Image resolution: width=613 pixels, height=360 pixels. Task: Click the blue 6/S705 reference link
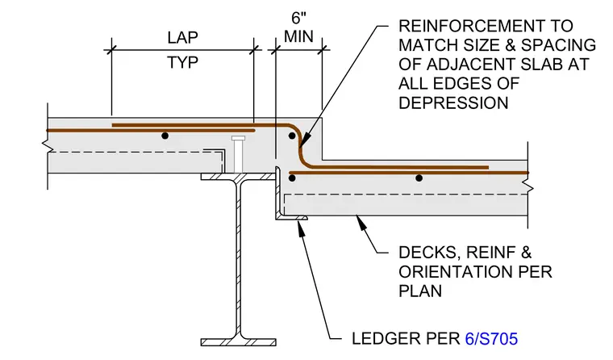coord(491,339)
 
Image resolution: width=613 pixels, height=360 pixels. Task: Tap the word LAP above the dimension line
coord(182,38)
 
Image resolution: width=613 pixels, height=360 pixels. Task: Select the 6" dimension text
coord(298,18)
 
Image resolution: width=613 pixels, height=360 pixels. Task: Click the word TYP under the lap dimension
coord(182,62)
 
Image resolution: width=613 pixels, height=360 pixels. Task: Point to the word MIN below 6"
coord(298,37)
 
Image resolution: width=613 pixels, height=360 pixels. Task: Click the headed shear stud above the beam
coord(238,154)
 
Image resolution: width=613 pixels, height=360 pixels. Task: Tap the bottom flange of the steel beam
coord(239,342)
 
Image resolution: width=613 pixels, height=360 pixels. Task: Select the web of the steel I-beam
coord(239,259)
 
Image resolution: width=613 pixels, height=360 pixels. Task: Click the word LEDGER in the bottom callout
coord(382,339)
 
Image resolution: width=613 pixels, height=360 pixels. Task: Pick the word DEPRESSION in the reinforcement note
coord(453,103)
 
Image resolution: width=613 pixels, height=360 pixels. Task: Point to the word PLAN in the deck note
coord(420,291)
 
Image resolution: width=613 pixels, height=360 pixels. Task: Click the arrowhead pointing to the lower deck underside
coord(361,223)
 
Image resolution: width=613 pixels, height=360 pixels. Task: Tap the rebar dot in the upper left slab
coord(165,136)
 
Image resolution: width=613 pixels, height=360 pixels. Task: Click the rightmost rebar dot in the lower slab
coord(419,178)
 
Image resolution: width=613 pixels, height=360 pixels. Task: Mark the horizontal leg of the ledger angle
coord(292,217)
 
